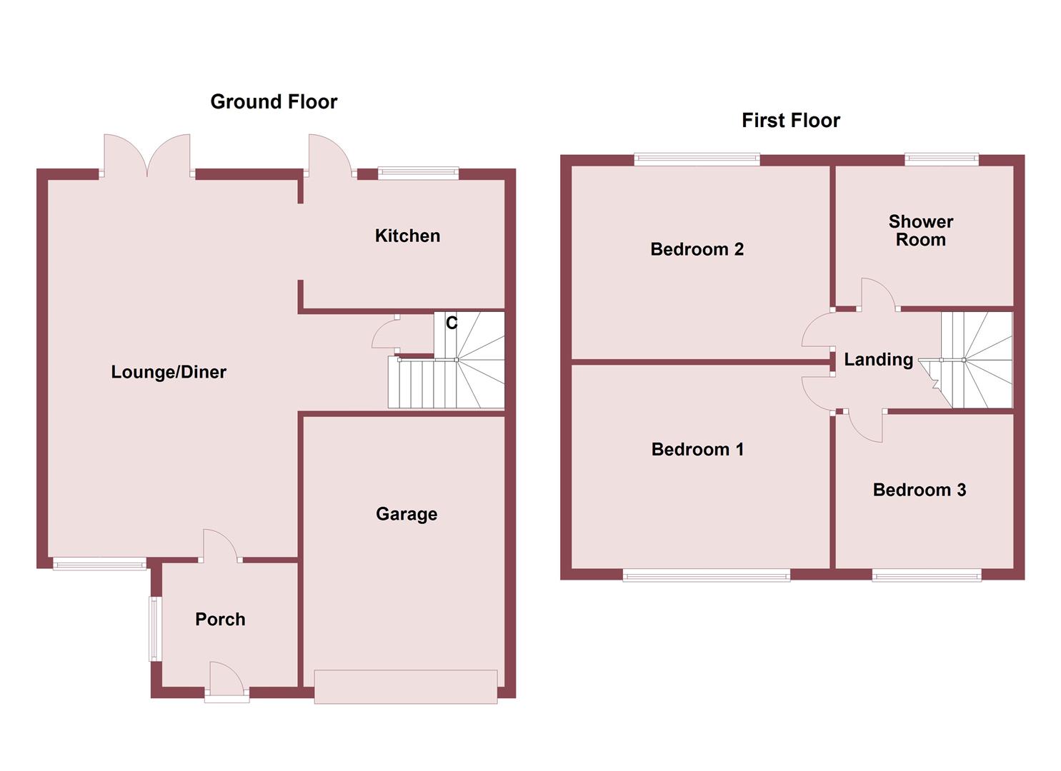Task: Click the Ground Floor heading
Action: (274, 102)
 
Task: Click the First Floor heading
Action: (790, 121)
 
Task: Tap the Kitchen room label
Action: (407, 236)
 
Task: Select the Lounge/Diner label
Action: (169, 372)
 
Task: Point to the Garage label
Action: (407, 514)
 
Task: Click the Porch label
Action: (220, 619)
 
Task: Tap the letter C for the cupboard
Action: (452, 323)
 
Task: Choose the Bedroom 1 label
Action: (697, 449)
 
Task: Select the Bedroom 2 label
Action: (697, 249)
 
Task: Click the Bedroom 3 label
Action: (919, 490)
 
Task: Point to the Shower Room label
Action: (920, 231)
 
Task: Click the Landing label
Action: (878, 360)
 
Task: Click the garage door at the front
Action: (406, 686)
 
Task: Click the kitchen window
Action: (418, 171)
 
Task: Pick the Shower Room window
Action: (941, 159)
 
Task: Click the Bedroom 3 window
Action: (926, 574)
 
